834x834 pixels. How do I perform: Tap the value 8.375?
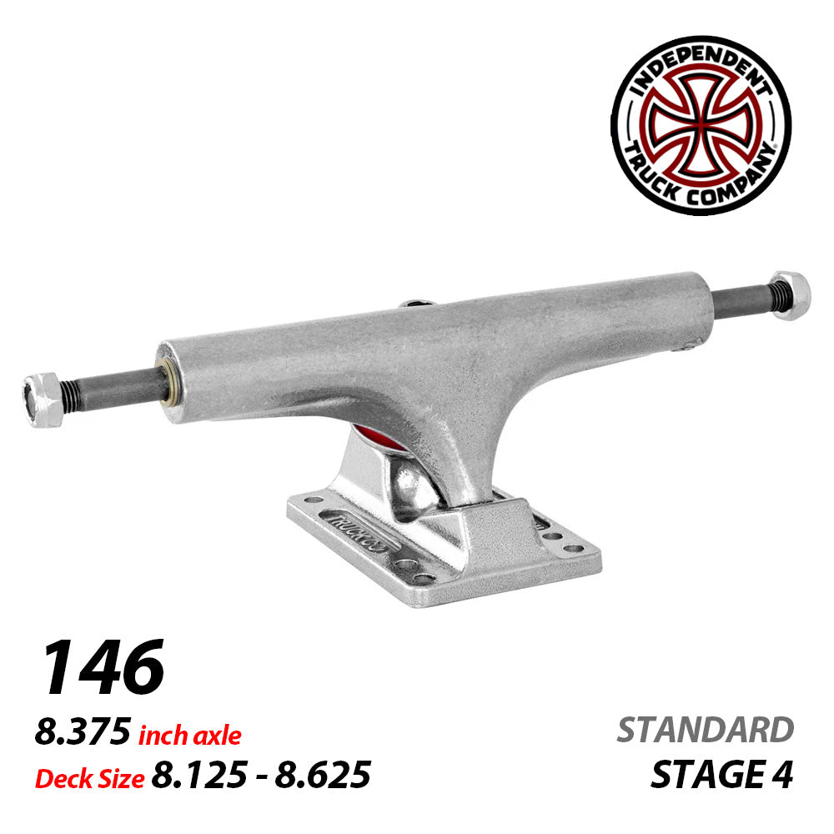point(82,734)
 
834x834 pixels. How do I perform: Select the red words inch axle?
point(189,736)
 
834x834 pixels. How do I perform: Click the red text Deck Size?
point(89,777)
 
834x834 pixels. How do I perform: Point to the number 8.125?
point(197,776)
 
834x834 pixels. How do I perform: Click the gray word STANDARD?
point(705,730)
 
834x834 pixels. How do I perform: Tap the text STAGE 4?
point(721,776)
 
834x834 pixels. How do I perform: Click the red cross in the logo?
point(701,125)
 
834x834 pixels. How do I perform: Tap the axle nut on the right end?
point(791,295)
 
